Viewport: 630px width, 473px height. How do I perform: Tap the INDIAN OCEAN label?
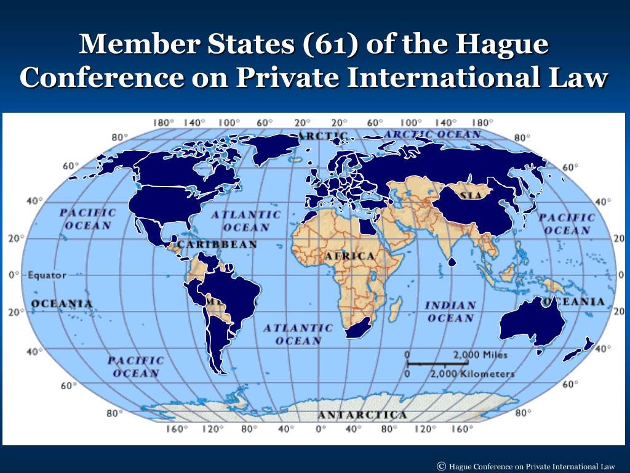[x=451, y=312]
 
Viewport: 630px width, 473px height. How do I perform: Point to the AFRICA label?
[x=350, y=256]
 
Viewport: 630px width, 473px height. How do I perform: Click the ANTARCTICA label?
[x=362, y=414]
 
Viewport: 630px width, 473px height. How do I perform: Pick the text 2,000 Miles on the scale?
[x=480, y=355]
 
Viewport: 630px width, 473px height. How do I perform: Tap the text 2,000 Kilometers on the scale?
[x=472, y=374]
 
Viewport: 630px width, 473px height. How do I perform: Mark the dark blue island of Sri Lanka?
[x=452, y=262]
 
